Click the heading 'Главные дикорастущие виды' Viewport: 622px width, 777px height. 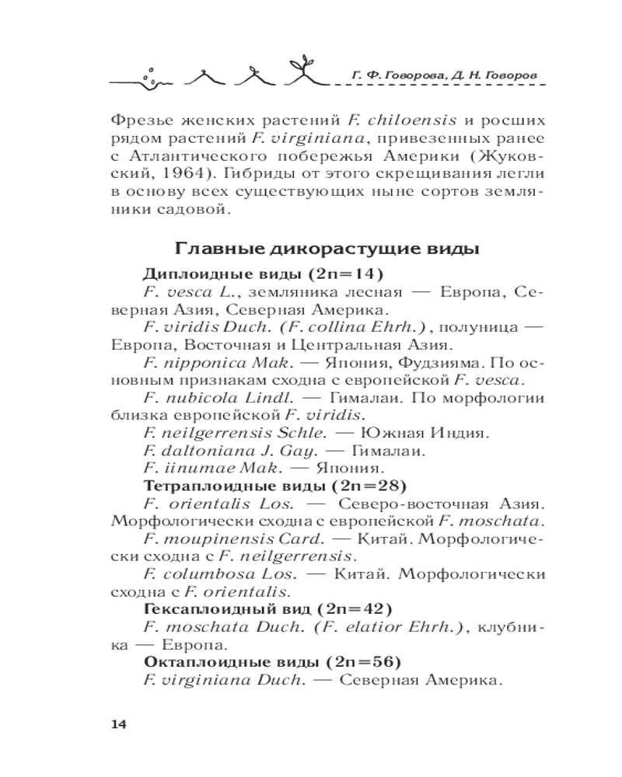[x=327, y=249]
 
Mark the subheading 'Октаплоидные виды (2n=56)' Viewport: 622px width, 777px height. [x=272, y=663]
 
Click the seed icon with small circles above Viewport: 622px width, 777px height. [x=152, y=74]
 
